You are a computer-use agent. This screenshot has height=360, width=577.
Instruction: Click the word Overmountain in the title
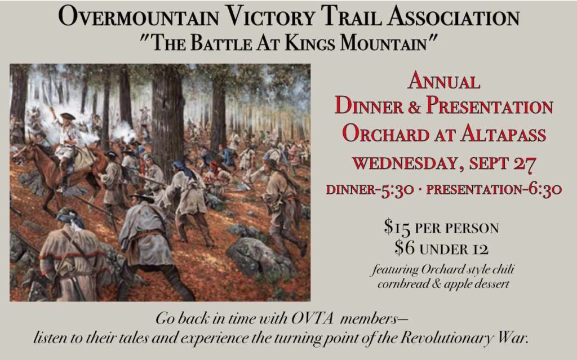(x=139, y=17)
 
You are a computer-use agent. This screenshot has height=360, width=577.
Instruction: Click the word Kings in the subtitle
(x=310, y=43)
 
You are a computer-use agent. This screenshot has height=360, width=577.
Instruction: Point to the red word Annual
(x=444, y=81)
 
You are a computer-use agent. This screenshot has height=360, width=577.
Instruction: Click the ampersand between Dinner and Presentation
(x=414, y=106)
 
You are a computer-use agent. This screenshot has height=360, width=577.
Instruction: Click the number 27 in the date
(x=525, y=164)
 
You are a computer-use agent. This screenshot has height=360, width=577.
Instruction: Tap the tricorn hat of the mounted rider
(x=68, y=116)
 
